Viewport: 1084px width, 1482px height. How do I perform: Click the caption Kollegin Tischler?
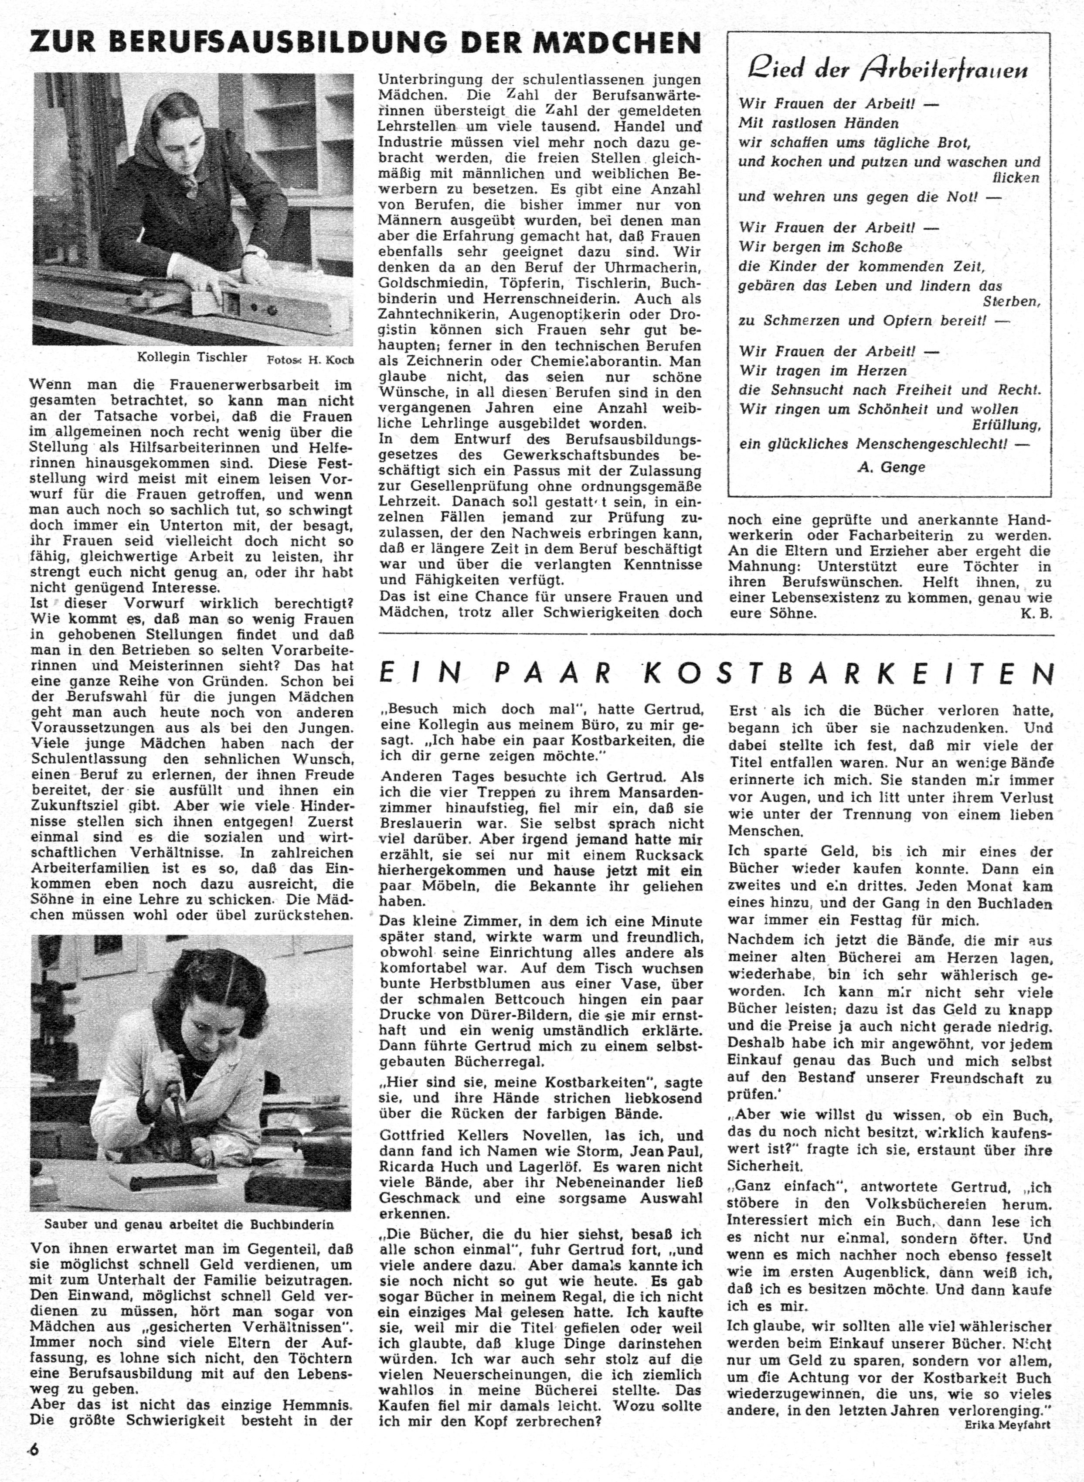click(x=192, y=357)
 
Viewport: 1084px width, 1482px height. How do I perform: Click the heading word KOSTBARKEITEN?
click(x=853, y=673)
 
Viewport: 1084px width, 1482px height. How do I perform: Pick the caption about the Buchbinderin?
click(x=189, y=1224)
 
